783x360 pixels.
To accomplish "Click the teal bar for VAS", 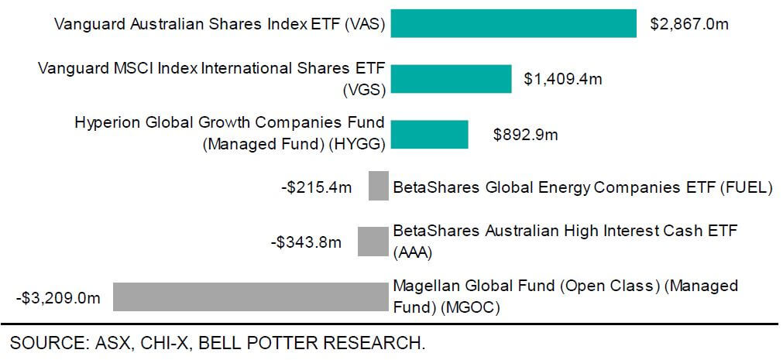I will point(513,23).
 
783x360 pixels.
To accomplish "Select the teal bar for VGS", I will point(451,78).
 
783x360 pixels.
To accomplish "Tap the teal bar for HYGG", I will point(429,134).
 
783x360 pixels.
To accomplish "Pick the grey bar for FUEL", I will point(378,187).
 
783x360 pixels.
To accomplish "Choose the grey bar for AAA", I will point(373,241).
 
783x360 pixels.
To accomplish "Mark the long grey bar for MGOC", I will point(250,297).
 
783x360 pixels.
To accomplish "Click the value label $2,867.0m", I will point(689,24).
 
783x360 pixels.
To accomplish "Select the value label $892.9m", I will point(526,134).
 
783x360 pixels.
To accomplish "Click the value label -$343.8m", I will point(307,242).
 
